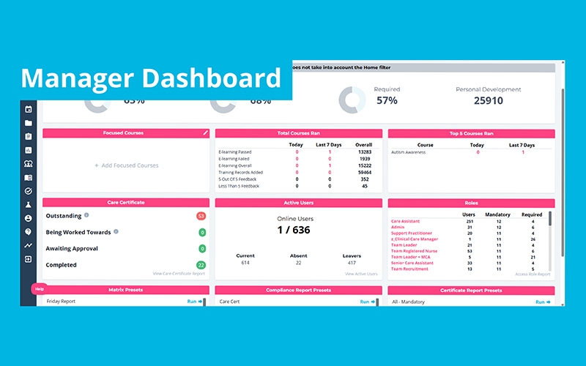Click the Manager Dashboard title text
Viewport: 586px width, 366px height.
150,78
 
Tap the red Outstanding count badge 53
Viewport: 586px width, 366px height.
201,216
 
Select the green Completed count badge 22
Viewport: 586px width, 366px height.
201,265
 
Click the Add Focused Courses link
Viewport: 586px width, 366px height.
126,165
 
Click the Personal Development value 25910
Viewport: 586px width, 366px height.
488,101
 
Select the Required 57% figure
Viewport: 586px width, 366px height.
387,101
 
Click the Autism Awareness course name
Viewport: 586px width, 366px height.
409,152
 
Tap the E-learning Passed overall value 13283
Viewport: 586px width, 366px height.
364,152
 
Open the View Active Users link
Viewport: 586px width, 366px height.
361,274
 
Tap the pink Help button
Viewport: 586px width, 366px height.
40,289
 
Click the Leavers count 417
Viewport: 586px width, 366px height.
351,262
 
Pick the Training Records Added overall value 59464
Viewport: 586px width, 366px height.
364,172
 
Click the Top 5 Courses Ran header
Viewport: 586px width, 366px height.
470,133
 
